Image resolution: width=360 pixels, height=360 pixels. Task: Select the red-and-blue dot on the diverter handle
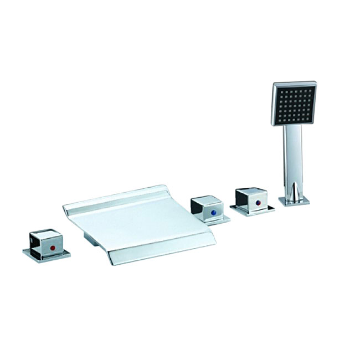click(x=258, y=203)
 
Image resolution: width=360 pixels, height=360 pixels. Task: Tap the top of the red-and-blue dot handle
click(x=252, y=191)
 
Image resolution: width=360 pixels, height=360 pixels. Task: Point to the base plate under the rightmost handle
click(x=253, y=210)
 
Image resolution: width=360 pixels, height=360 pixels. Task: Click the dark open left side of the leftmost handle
click(x=33, y=240)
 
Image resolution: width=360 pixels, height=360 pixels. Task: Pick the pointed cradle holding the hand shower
click(x=292, y=190)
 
